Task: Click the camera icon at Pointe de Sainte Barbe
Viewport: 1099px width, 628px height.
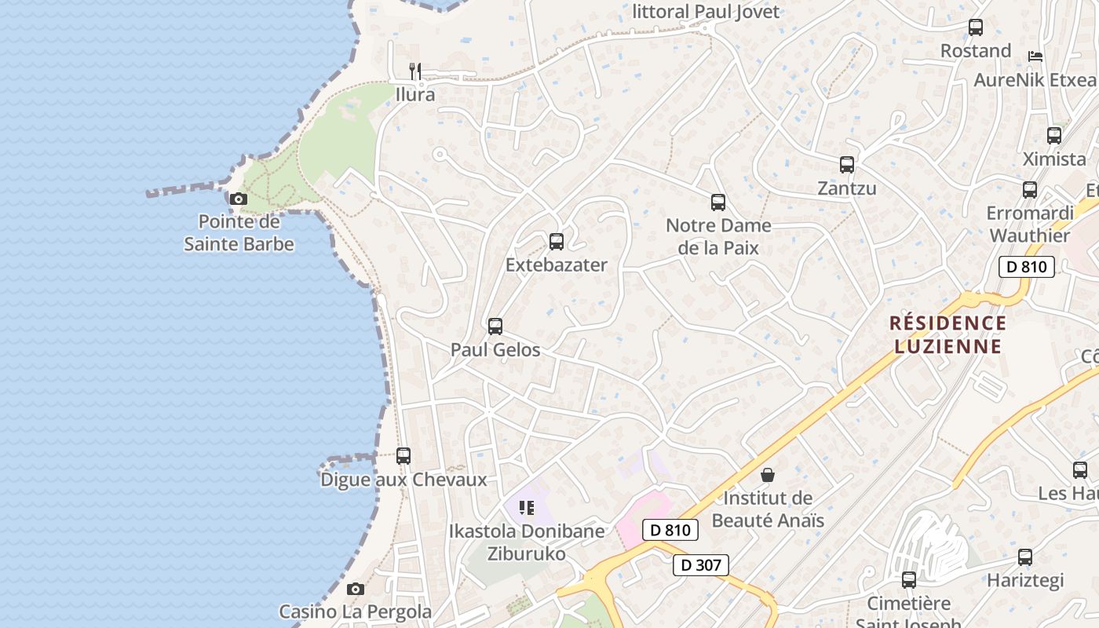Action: point(239,199)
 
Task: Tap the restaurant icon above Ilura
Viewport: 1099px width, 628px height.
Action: point(415,71)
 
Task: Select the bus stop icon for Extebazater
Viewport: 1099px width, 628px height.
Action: point(557,242)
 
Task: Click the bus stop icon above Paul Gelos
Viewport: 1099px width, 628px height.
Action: point(495,327)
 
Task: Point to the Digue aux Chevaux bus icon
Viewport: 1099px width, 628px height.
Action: point(403,456)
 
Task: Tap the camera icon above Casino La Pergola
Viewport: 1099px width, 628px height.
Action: point(356,589)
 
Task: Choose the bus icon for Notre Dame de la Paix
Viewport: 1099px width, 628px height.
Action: point(718,203)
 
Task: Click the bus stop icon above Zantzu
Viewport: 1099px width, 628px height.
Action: point(847,165)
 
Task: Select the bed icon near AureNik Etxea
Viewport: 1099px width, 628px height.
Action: point(1035,57)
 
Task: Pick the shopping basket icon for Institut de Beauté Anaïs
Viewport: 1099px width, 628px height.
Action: point(768,475)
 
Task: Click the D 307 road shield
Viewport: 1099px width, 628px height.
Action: point(701,564)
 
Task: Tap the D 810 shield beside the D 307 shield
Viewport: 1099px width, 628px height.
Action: point(670,530)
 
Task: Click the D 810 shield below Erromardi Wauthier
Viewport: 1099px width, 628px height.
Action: point(1026,266)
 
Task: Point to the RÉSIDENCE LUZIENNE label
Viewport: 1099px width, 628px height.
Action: point(947,334)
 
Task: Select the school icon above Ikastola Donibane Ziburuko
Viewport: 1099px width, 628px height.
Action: point(527,508)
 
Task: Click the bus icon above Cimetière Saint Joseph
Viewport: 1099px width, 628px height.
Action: point(909,580)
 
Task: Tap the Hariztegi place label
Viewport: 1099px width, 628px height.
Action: point(1025,580)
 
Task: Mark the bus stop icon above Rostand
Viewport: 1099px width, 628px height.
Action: point(976,27)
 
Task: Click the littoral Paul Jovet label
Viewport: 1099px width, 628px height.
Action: point(706,12)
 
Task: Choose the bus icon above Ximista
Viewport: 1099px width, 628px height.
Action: point(1054,136)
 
